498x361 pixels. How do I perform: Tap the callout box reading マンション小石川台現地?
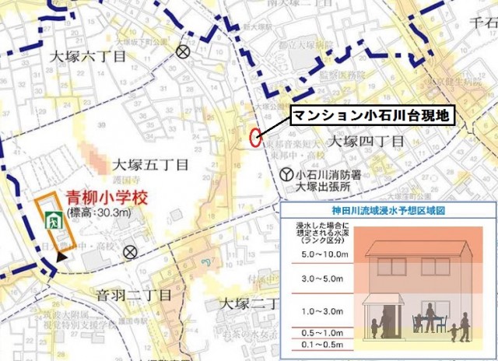[x=370, y=115]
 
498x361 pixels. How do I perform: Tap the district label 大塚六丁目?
[x=86, y=57]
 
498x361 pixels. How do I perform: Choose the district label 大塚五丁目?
[x=150, y=165]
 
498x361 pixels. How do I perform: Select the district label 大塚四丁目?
[x=365, y=142]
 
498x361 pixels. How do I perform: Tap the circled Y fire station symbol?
[x=286, y=175]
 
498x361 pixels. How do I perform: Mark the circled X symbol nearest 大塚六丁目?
[x=183, y=52]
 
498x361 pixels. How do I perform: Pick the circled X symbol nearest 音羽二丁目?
[x=130, y=251]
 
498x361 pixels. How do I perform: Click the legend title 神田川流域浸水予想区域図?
[x=387, y=211]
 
